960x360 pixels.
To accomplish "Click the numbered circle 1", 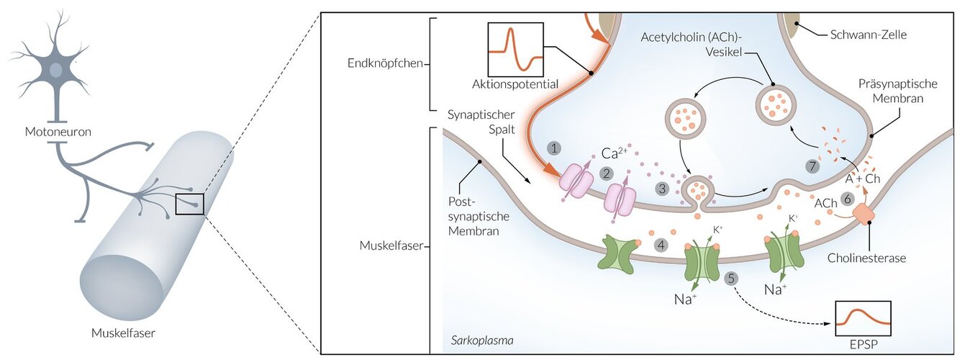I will (x=553, y=148).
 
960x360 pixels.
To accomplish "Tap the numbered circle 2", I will (x=607, y=174).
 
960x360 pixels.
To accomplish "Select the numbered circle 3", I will (x=662, y=189).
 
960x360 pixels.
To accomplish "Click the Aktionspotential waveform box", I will (x=515, y=49).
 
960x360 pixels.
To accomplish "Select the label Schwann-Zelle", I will (x=868, y=34).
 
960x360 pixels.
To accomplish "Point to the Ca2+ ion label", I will (x=613, y=153).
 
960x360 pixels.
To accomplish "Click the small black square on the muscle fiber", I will (x=190, y=204).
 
